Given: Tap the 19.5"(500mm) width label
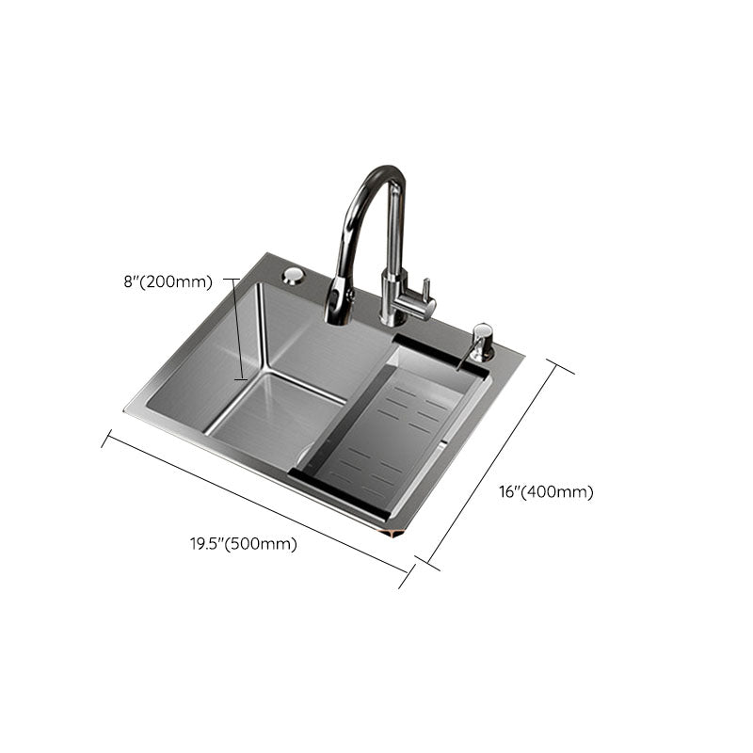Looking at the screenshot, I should pos(243,543).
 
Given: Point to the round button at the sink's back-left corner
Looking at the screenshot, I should pos(293,276).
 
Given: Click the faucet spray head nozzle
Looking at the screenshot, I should pos(336,308).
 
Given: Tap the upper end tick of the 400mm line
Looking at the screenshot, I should pos(562,366).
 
